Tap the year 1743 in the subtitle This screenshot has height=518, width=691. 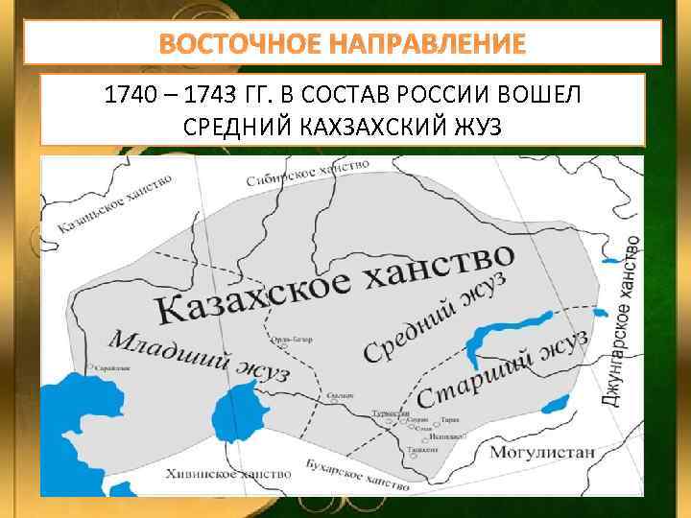pyautogui.click(x=223, y=96)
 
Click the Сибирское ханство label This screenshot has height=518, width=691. pyautogui.click(x=306, y=173)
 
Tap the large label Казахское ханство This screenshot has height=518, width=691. pyautogui.click(x=336, y=283)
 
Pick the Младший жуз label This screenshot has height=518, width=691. pyautogui.click(x=198, y=354)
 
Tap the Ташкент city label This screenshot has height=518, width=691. pyautogui.click(x=422, y=449)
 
